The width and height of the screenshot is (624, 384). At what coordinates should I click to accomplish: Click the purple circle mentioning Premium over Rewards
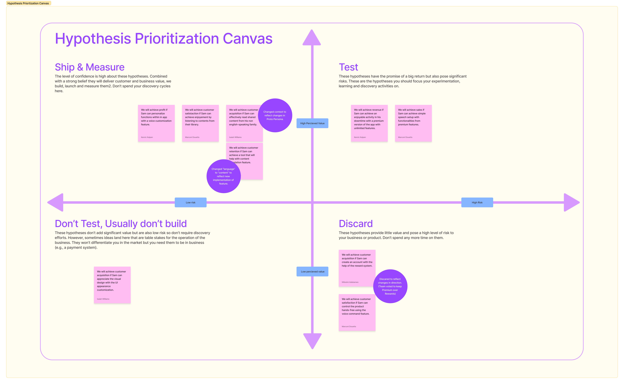click(390, 286)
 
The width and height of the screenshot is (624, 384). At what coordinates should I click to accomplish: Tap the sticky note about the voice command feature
click(357, 312)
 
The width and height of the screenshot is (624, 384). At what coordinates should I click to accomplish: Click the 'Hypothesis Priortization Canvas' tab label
click(28, 3)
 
